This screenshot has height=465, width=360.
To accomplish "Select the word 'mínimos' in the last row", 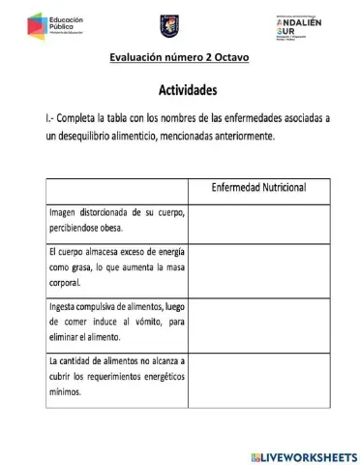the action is (65, 395).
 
